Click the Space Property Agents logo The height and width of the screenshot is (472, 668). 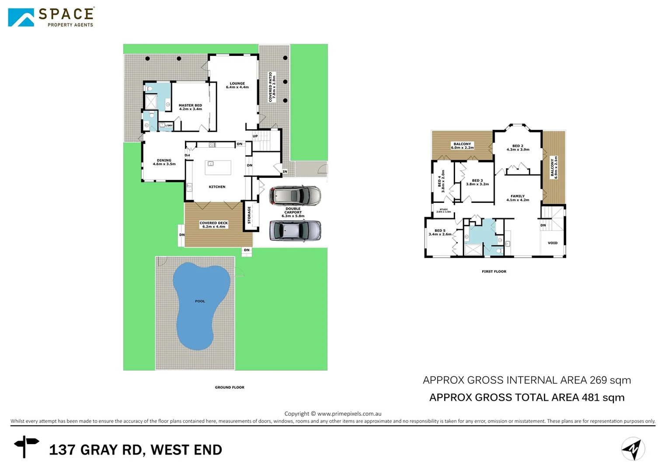point(51,17)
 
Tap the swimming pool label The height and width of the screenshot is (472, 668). point(200,301)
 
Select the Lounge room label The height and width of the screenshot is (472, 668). point(237,85)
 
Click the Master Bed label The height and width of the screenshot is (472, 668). point(190,107)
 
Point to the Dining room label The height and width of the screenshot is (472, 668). point(164,162)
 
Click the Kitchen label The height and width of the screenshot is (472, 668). point(217,187)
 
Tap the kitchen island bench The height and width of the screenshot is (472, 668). point(218,167)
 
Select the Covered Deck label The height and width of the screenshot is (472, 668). point(214,225)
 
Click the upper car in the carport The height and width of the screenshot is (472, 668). point(295,195)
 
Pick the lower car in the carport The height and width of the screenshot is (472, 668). point(295,230)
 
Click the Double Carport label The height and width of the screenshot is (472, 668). point(293,212)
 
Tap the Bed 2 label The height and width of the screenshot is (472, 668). point(518,148)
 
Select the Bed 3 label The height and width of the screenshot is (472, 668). point(477,182)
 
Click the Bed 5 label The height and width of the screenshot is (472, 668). point(440,233)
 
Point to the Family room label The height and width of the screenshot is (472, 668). point(518,198)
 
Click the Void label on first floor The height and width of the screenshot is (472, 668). point(553,243)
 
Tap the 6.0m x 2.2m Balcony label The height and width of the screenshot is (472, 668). point(462,146)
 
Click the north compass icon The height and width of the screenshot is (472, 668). point(633,449)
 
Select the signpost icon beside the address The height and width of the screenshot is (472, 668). point(26,446)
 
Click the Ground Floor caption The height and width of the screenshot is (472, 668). point(230,387)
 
